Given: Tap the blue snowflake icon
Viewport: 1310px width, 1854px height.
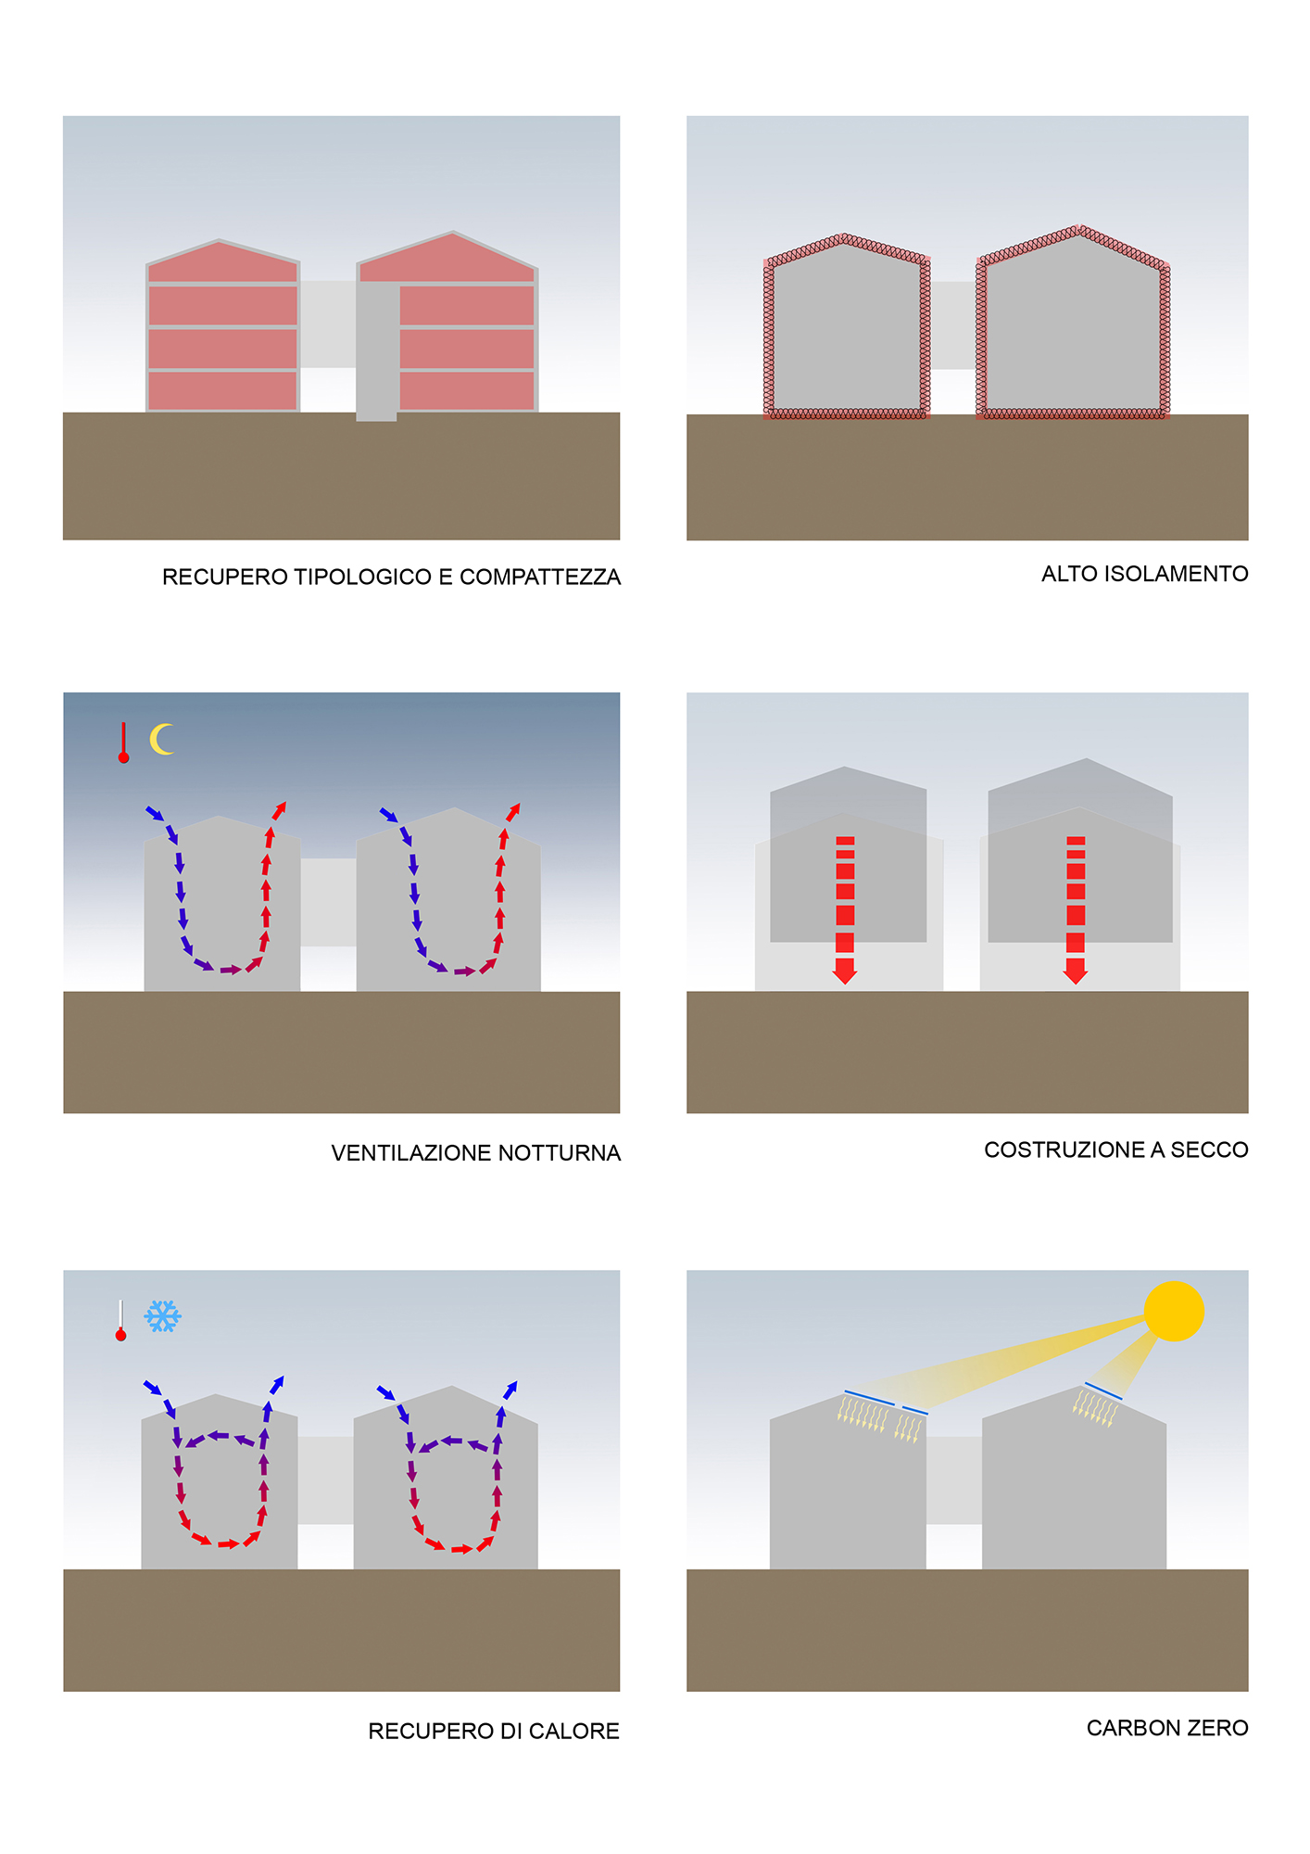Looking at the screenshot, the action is coord(163,1316).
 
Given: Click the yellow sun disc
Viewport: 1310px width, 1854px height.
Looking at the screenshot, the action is coord(1174,1311).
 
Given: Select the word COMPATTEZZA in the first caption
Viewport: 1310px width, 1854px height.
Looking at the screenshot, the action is coord(540,578).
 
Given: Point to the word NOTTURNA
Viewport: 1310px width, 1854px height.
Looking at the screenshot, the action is coord(560,1153).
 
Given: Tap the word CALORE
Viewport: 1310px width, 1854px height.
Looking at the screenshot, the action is coord(574,1732).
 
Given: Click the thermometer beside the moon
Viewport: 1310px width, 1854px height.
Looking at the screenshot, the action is coord(123,743).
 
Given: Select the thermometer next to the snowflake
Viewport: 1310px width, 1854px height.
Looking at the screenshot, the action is coord(120,1320).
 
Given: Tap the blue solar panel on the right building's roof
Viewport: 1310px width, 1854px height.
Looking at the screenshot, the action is coord(1103,1390).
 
